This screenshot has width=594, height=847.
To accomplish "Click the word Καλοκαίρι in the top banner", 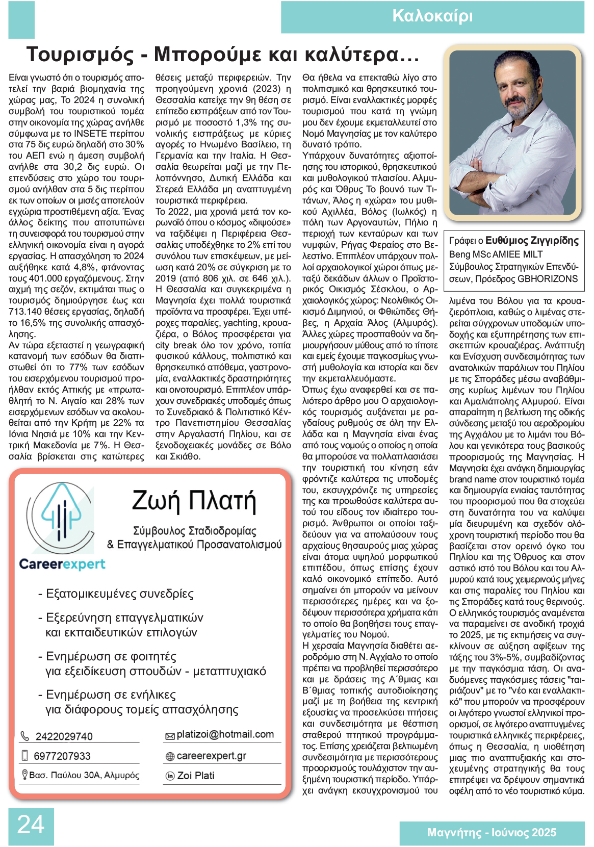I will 432,16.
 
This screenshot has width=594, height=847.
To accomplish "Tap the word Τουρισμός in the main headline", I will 80,55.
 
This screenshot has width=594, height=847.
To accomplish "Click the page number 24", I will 31,825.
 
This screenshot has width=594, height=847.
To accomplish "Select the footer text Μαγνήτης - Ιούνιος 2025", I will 492,833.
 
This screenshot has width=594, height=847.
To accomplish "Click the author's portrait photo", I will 513,134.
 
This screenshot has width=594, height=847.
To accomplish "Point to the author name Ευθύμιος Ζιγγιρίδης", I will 532,241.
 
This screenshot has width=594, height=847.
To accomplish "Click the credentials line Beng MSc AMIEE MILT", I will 496,254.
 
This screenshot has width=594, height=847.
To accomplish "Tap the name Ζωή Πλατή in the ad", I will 194,501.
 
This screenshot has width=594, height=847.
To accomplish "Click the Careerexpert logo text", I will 62,564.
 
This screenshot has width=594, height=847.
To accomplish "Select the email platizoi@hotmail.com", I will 225,734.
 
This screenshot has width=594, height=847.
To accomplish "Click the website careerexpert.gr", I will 211,756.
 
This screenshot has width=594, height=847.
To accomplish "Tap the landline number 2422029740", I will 64,736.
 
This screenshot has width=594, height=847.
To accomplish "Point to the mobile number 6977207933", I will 62,756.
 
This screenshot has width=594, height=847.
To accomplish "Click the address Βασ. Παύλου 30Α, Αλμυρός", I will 84,775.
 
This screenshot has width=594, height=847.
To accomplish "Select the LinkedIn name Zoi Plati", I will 196,776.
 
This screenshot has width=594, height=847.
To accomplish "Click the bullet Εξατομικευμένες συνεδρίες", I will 119,594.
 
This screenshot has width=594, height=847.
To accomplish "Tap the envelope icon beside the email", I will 170,736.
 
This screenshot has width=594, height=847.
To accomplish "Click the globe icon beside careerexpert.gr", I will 170,757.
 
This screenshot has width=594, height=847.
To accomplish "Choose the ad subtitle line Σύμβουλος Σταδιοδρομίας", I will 194,531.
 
